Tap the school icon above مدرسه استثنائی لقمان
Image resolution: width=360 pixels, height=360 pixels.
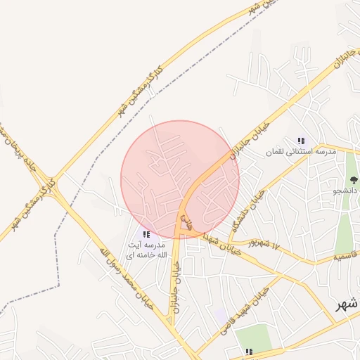click(x=302, y=141)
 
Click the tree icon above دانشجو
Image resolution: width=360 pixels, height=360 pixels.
click(x=351, y=179)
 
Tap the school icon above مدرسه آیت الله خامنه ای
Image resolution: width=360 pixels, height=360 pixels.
click(x=146, y=234)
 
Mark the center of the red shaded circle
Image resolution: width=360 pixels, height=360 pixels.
click(x=180, y=179)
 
